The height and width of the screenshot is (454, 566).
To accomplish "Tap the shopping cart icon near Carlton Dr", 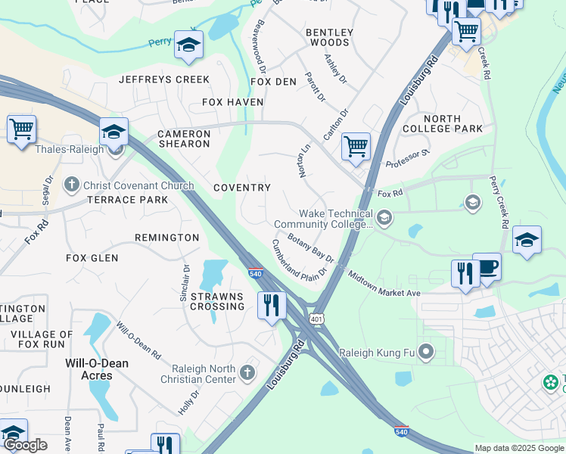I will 355,146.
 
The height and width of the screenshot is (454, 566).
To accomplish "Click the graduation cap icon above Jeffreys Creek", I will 188,45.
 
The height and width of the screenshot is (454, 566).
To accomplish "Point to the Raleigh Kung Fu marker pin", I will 426,351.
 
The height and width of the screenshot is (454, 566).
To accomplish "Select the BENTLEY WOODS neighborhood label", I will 329,37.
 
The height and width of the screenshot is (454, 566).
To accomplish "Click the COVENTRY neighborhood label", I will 242,188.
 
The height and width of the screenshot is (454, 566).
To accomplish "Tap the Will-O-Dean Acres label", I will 97,369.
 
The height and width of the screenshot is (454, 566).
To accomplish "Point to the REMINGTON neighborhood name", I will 167,238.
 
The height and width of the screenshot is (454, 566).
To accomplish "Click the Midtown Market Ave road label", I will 384,285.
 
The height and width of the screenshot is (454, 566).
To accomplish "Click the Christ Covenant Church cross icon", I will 72,185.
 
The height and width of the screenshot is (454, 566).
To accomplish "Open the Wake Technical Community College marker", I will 384,219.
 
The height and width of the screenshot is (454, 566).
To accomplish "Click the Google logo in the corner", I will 25,445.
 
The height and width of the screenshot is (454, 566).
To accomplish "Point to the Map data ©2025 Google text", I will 518,448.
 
